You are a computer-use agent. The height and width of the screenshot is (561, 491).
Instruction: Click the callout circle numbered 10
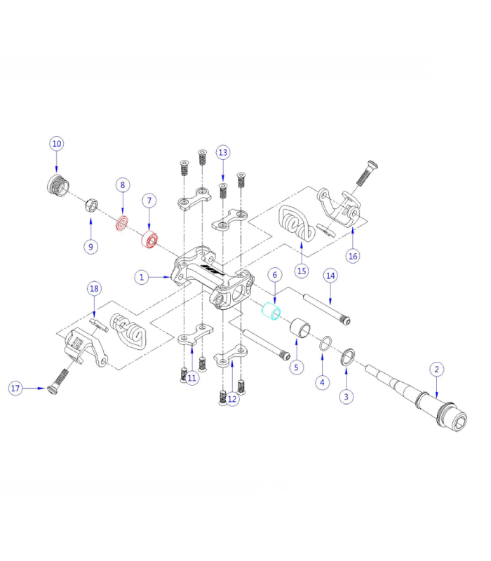click(x=57, y=144)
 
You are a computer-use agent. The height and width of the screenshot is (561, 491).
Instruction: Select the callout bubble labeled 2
click(x=436, y=369)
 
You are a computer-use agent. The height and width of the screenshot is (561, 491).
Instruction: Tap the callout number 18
click(x=94, y=289)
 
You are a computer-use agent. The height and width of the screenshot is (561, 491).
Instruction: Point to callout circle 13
click(x=223, y=152)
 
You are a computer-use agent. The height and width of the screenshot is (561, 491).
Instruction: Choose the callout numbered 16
click(x=353, y=256)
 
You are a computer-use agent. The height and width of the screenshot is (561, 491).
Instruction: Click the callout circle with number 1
click(x=142, y=278)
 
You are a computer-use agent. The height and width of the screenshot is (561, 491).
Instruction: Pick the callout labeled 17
click(x=16, y=388)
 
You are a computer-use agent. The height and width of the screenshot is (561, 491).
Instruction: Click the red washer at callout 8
click(x=122, y=224)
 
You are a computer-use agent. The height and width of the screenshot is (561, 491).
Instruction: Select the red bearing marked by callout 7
click(x=149, y=239)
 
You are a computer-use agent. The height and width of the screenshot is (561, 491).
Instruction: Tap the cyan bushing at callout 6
click(x=270, y=310)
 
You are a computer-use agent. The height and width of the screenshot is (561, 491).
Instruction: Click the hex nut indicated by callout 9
click(x=90, y=206)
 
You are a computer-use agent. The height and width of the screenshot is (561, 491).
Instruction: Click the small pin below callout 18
click(x=98, y=323)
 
